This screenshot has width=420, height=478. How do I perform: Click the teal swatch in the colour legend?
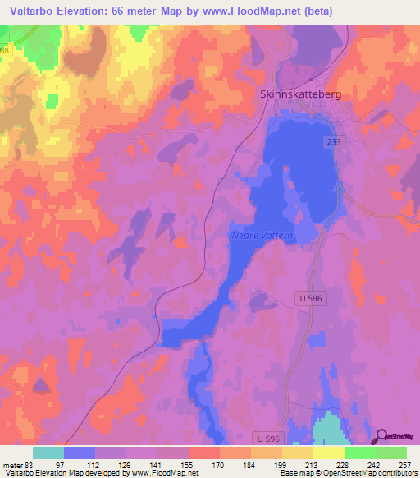[48, 453]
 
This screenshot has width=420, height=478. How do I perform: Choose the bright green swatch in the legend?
[360, 453]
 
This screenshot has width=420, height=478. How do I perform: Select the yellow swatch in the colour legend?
[329, 453]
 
